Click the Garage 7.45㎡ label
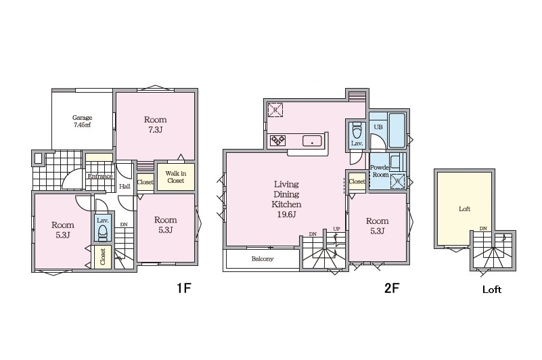pyautogui.click(x=83, y=121)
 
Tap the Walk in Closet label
pyautogui.click(x=176, y=177)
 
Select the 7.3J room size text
pyautogui.click(x=156, y=130)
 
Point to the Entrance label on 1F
pyautogui.click(x=100, y=177)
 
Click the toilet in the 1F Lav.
pyautogui.click(x=103, y=232)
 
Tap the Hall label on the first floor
pyautogui.click(x=125, y=186)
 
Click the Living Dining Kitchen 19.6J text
pyautogui.click(x=286, y=199)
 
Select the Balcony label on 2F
pyautogui.click(x=263, y=258)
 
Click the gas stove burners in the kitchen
pyautogui.click(x=278, y=140)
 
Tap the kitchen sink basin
pyautogui.click(x=312, y=141)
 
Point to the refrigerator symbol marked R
pyautogui.click(x=275, y=110)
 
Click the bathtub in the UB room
pyautogui.click(x=397, y=131)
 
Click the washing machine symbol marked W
pyautogui.click(x=397, y=181)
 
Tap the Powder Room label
pyautogui.click(x=380, y=171)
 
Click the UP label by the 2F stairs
pyautogui.click(x=337, y=229)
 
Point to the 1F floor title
pyautogui.click(x=184, y=288)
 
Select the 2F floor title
pyautogui.click(x=392, y=288)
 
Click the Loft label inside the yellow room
pyautogui.click(x=465, y=209)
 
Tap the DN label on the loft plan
pyautogui.click(x=483, y=229)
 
